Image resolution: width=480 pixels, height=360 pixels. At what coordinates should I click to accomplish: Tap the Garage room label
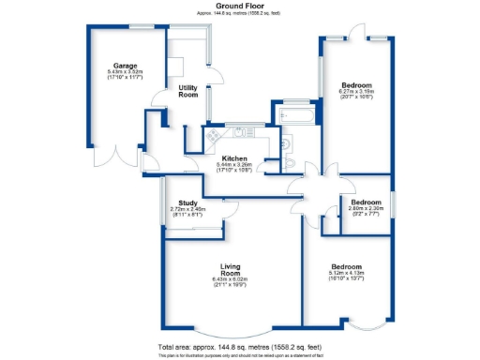pyautogui.click(x=125, y=65)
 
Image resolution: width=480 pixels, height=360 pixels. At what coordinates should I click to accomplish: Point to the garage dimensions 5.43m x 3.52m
pyautogui.click(x=125, y=73)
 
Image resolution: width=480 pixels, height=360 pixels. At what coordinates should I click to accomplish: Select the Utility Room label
pyautogui.click(x=187, y=91)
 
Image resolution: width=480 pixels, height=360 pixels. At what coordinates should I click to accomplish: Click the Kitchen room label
pyautogui.click(x=233, y=158)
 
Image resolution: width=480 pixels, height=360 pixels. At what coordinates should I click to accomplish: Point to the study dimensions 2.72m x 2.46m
pyautogui.click(x=187, y=211)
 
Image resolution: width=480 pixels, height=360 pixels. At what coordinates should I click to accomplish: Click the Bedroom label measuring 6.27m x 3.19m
pyautogui.click(x=357, y=82)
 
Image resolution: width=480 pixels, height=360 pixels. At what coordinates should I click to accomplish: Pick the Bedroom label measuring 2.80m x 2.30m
pyautogui.click(x=367, y=202)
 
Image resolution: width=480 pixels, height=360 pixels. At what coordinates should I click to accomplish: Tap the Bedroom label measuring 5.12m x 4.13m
pyautogui.click(x=346, y=266)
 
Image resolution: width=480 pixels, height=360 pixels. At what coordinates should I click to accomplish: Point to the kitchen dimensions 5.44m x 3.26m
pyautogui.click(x=233, y=169)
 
